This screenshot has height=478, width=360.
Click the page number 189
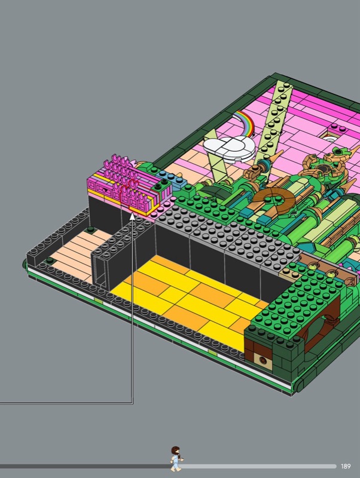[346, 466]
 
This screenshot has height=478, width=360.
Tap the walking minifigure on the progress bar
[176, 459]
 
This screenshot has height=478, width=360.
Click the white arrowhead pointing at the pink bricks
[132, 216]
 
